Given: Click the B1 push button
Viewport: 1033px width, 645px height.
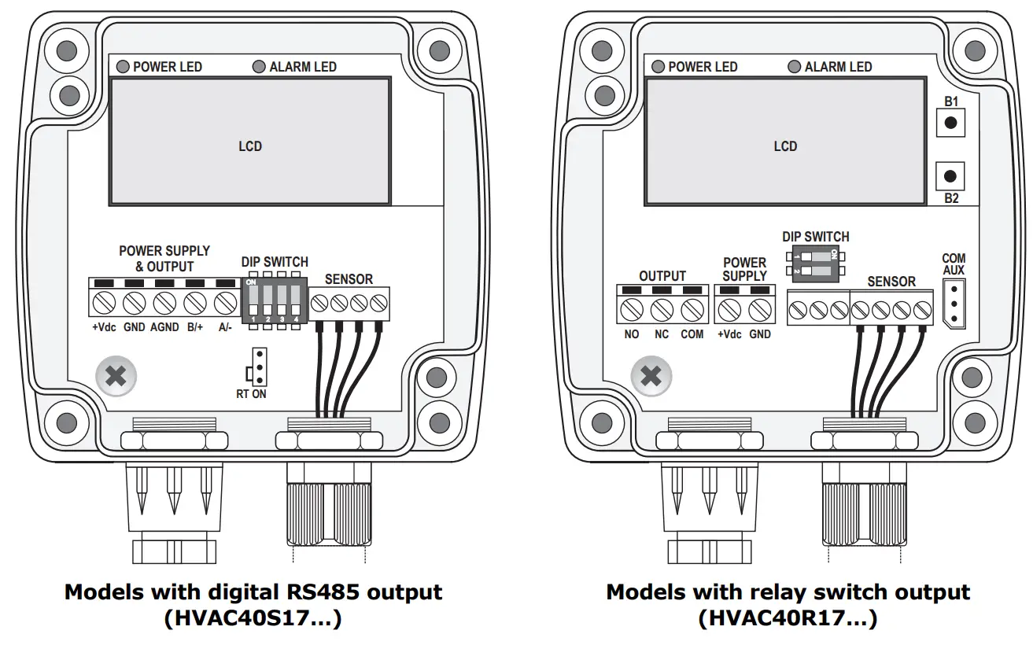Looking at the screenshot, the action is pyautogui.click(x=950, y=123).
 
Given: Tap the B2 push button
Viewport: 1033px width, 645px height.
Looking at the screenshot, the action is pyautogui.click(x=950, y=176).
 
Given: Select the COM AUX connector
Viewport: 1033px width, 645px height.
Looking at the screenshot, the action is pyautogui.click(x=954, y=304).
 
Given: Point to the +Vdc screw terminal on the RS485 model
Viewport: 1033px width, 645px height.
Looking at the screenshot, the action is pyautogui.click(x=104, y=304).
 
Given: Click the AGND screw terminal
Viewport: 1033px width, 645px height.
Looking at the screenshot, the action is pyautogui.click(x=164, y=304).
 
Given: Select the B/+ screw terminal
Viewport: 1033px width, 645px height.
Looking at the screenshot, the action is pyautogui.click(x=195, y=304).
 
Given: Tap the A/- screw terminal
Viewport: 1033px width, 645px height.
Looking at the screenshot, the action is pyautogui.click(x=226, y=304).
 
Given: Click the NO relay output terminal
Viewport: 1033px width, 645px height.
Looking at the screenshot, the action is pyautogui.click(x=632, y=310).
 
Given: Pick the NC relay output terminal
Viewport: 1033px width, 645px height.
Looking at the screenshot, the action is pyautogui.click(x=662, y=310).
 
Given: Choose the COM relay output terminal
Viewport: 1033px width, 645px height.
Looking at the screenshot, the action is pyautogui.click(x=692, y=310).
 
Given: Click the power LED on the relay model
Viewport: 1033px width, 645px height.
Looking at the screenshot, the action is pyautogui.click(x=658, y=67).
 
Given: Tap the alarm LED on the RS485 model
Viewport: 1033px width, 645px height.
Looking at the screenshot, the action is pyautogui.click(x=259, y=67).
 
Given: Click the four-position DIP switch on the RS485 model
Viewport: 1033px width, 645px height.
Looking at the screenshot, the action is pyautogui.click(x=275, y=300).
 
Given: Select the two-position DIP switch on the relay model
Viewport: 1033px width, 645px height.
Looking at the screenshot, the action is pyautogui.click(x=815, y=264).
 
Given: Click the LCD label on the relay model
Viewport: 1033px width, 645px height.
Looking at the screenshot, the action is pyautogui.click(x=785, y=146).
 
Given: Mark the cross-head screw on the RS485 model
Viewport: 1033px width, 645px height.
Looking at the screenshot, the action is pyautogui.click(x=116, y=376).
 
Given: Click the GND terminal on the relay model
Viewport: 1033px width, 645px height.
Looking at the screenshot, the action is pyautogui.click(x=760, y=310).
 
